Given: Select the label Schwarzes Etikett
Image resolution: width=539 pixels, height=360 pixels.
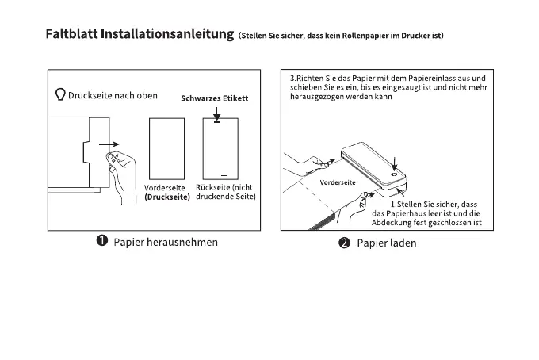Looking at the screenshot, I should [x=215, y=99].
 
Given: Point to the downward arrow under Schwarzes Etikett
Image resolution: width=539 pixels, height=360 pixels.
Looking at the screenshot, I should [x=216, y=117].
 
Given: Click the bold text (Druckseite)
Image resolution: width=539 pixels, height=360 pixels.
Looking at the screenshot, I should [x=166, y=197].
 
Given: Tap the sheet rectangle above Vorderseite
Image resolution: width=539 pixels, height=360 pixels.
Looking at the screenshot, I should [x=166, y=147].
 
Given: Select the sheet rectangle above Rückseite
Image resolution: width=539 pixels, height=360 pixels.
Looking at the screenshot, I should [x=221, y=147].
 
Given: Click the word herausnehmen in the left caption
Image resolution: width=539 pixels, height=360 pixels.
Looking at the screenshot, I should [x=182, y=241].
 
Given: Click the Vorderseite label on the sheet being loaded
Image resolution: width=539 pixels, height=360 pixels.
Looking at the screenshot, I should [x=337, y=182].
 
